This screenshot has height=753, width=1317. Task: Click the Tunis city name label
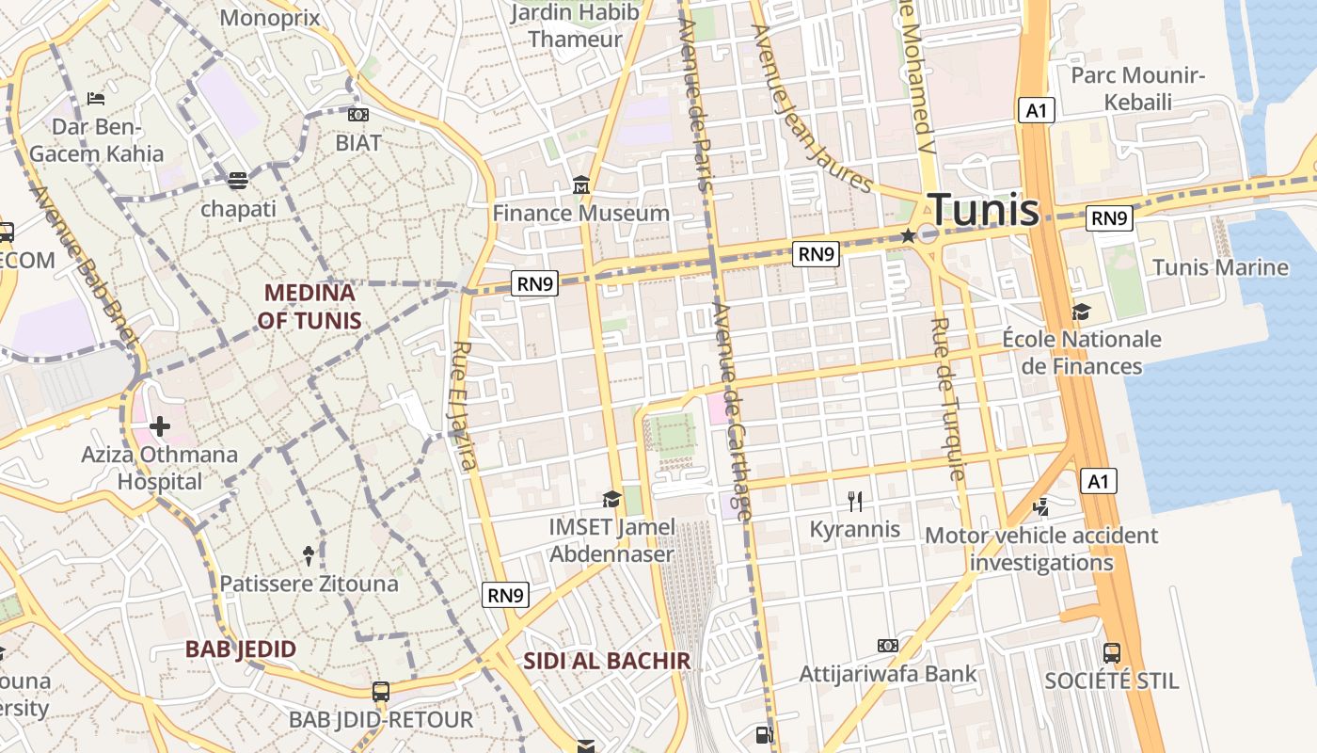(x=983, y=210)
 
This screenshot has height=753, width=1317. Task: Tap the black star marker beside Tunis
(x=908, y=235)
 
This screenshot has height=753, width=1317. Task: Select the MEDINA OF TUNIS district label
(x=309, y=307)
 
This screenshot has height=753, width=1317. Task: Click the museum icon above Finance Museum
(x=581, y=186)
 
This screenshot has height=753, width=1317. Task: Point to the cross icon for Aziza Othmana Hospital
(x=160, y=426)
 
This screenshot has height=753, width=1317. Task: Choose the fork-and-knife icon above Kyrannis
(x=855, y=501)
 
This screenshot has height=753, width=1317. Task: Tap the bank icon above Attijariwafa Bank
(x=888, y=646)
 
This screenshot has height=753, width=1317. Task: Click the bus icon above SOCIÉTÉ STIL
(x=1111, y=652)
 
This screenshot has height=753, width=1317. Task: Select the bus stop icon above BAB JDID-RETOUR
(x=380, y=692)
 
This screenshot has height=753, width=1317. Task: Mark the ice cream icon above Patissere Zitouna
(x=309, y=555)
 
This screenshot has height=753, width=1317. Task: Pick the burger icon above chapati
(x=238, y=180)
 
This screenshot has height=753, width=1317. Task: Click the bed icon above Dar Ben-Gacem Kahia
(x=95, y=98)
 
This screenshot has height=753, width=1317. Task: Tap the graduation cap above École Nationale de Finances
(x=1081, y=312)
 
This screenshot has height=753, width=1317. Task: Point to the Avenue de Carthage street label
(x=731, y=411)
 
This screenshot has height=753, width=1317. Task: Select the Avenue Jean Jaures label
(x=811, y=106)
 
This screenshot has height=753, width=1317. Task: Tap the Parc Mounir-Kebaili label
(x=1138, y=88)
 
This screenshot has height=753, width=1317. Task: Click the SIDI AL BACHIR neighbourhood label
(x=607, y=661)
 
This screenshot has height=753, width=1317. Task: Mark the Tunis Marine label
(x=1220, y=267)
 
